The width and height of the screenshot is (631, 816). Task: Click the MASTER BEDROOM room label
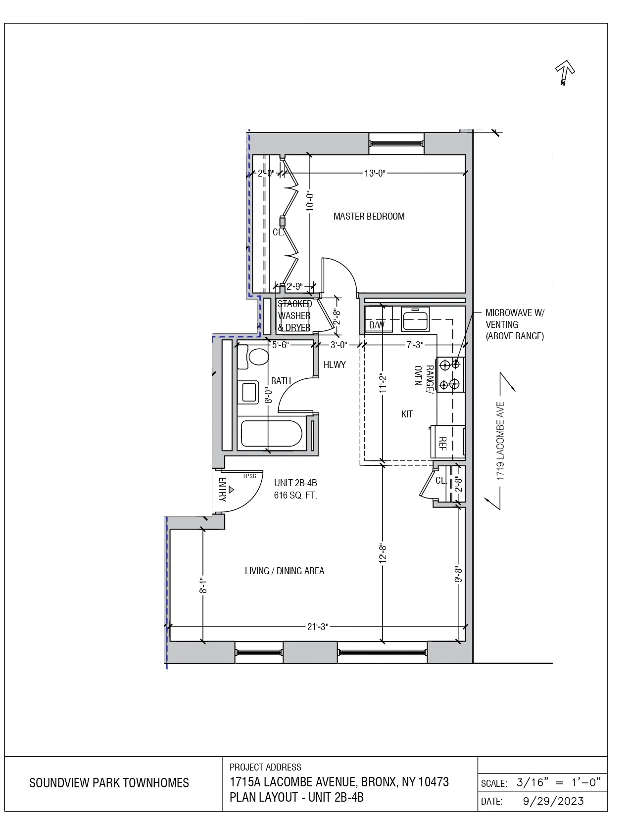pyautogui.click(x=369, y=216)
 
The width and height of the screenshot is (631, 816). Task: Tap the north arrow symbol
pyautogui.click(x=564, y=72)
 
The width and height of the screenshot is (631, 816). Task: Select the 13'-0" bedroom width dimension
pyautogui.click(x=375, y=173)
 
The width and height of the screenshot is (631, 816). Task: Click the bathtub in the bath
pyautogui.click(x=271, y=434)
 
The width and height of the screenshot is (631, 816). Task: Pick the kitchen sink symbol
pyautogui.click(x=415, y=319)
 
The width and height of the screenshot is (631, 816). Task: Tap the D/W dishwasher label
pyautogui.click(x=377, y=325)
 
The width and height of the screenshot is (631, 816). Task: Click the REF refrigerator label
pyautogui.click(x=443, y=443)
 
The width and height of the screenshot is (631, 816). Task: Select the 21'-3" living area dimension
pyautogui.click(x=318, y=627)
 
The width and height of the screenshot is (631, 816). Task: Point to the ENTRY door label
pyautogui.click(x=222, y=490)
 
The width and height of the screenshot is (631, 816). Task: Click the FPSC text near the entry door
pyautogui.click(x=249, y=476)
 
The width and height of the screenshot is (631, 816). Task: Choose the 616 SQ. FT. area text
pyautogui.click(x=295, y=495)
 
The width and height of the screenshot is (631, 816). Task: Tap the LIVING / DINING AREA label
pyautogui.click(x=285, y=571)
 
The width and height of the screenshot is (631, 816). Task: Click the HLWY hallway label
pyautogui.click(x=335, y=364)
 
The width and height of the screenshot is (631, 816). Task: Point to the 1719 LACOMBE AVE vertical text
pyautogui.click(x=500, y=441)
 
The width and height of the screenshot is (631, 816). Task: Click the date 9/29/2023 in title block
pyautogui.click(x=553, y=801)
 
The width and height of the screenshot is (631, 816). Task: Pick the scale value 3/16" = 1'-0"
pyautogui.click(x=558, y=782)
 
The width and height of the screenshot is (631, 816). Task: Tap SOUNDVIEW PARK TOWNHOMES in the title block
pyautogui.click(x=109, y=783)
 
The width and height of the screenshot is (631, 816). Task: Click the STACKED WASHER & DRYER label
pyautogui.click(x=294, y=316)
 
